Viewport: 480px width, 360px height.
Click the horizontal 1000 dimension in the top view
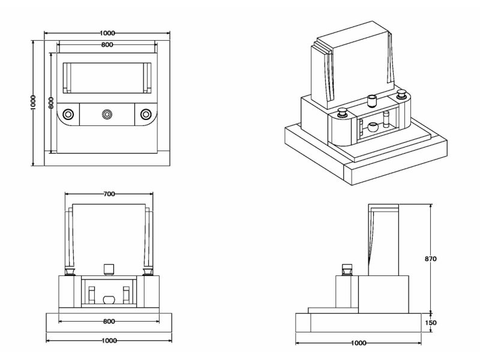pyautogui.click(x=107, y=33)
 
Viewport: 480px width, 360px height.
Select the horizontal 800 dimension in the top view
pyautogui.click(x=107, y=45)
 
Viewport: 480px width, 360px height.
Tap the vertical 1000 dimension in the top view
pyautogui.click(x=34, y=102)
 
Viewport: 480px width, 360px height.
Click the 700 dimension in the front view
pyautogui.click(x=109, y=194)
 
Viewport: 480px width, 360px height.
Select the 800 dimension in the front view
pyautogui.click(x=109, y=322)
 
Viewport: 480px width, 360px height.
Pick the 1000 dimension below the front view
pyautogui.click(x=109, y=341)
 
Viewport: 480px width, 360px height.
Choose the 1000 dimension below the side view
pyautogui.click(x=358, y=343)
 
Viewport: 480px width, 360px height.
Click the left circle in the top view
pyautogui.click(x=69, y=113)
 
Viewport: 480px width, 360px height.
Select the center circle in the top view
pyautogui.click(x=107, y=113)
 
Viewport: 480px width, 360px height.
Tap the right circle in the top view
pyautogui.click(x=146, y=113)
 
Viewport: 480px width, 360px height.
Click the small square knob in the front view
pyautogui.click(x=109, y=268)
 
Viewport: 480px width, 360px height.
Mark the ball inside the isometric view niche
pyautogui.click(x=373, y=127)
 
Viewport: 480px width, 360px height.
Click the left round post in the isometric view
pyautogui.click(x=343, y=112)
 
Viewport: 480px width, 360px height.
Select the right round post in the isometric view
pyautogui.click(x=401, y=94)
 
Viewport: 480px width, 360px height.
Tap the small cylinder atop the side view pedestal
pyautogui.click(x=347, y=269)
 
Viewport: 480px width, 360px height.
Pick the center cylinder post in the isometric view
pyautogui.click(x=371, y=99)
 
